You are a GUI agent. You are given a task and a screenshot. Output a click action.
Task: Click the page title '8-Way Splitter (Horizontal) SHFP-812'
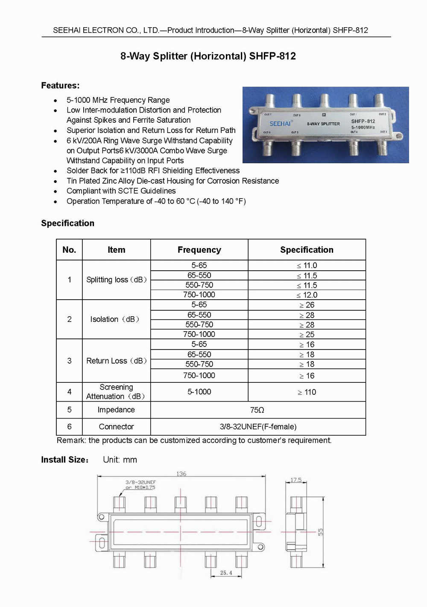point(208,56)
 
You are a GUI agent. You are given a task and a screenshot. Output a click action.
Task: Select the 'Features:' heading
point(60,86)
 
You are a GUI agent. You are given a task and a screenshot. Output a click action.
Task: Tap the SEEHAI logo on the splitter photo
point(280,124)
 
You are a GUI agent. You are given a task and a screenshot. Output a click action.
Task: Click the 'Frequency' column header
point(199,250)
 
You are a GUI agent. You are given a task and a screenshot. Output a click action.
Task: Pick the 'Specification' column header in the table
point(307,250)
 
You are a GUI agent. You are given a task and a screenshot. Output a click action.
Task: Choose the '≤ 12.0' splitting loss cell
point(307,295)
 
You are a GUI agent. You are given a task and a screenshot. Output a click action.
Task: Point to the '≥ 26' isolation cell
point(307,305)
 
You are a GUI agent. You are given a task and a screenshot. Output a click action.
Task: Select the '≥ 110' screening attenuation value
point(307,392)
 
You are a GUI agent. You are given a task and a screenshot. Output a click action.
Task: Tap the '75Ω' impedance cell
point(257,410)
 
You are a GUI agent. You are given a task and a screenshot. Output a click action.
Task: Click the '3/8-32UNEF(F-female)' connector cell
point(258,427)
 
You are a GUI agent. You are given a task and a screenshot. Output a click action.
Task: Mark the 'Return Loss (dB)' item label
point(116,361)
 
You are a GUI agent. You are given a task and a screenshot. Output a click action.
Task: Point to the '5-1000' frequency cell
point(199,392)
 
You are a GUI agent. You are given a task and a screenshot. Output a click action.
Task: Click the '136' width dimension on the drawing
point(181,474)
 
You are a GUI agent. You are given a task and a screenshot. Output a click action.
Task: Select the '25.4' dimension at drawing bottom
point(226,573)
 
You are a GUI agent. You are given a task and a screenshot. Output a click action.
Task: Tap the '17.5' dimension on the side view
point(296,480)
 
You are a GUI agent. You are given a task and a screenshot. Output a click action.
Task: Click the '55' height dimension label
point(320,532)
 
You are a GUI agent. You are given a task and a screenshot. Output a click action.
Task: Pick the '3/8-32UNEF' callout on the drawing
point(140,482)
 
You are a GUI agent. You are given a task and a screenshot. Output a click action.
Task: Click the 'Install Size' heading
point(64,460)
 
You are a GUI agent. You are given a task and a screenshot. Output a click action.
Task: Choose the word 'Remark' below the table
point(70,440)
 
